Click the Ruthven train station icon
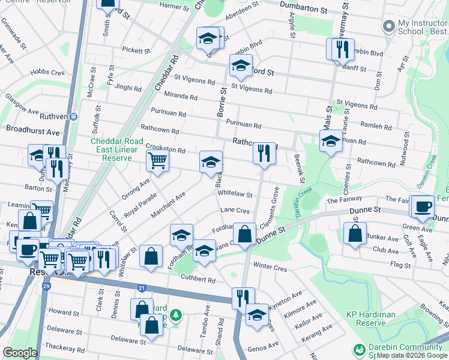[73, 116]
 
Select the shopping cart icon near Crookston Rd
[157, 160]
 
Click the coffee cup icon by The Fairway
[423, 205]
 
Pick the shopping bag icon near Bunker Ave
[355, 233]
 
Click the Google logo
[20, 353]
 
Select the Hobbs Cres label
[49, 72]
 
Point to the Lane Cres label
[234, 211]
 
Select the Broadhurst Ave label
[33, 131]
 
